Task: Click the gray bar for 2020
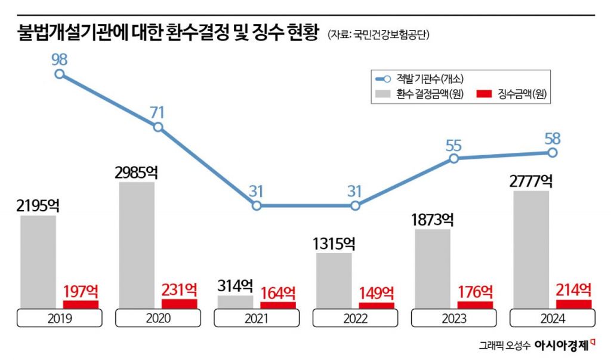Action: click(137, 245)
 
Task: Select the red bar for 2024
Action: click(573, 304)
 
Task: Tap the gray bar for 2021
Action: click(235, 301)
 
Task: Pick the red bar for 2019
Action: click(81, 304)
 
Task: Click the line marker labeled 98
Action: click(59, 74)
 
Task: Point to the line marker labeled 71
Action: click(158, 127)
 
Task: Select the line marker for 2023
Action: click(453, 158)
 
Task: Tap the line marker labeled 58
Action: click(553, 153)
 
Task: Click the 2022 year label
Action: click(355, 318)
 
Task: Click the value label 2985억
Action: click(136, 173)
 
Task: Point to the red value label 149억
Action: click(376, 293)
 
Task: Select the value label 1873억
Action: click(433, 219)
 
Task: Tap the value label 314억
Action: click(234, 285)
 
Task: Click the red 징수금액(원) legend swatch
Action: click(484, 94)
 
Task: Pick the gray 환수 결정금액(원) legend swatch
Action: click(382, 94)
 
